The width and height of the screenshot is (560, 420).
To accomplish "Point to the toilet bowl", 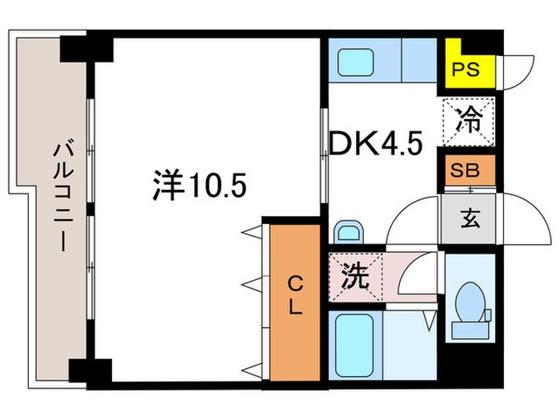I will [468, 306].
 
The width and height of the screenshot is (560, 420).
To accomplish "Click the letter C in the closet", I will [294, 282].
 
